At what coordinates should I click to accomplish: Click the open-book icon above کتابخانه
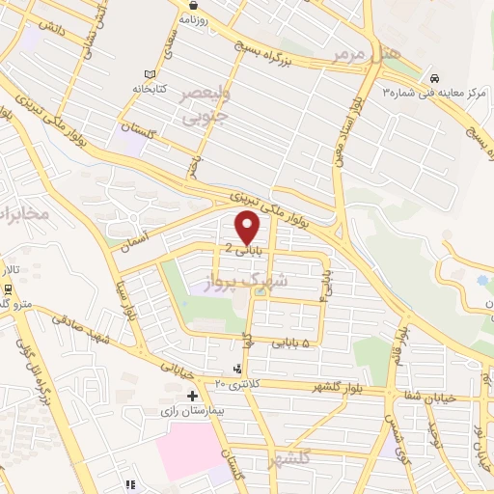149,74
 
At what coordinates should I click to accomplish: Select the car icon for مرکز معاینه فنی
435,78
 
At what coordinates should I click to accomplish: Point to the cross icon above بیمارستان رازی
192,396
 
